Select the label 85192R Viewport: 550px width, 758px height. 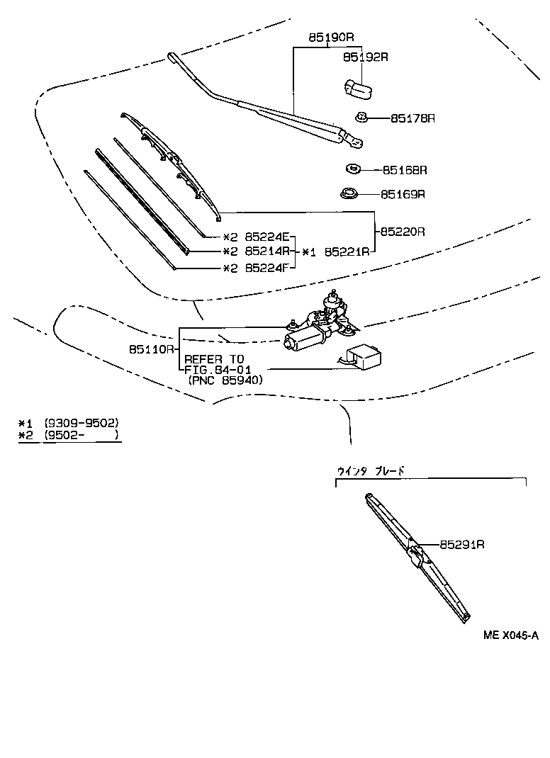(x=366, y=57)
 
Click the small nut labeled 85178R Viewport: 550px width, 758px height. (x=361, y=117)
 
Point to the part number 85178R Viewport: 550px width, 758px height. (x=412, y=118)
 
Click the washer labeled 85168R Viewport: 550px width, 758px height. (x=352, y=169)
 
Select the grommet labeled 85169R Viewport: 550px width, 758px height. (x=349, y=193)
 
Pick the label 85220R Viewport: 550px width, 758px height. (x=402, y=232)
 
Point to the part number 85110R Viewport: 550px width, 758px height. (x=152, y=349)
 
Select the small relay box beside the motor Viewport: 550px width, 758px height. (x=362, y=357)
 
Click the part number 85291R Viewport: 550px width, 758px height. (x=462, y=544)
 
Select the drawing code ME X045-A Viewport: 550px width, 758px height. (x=510, y=635)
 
